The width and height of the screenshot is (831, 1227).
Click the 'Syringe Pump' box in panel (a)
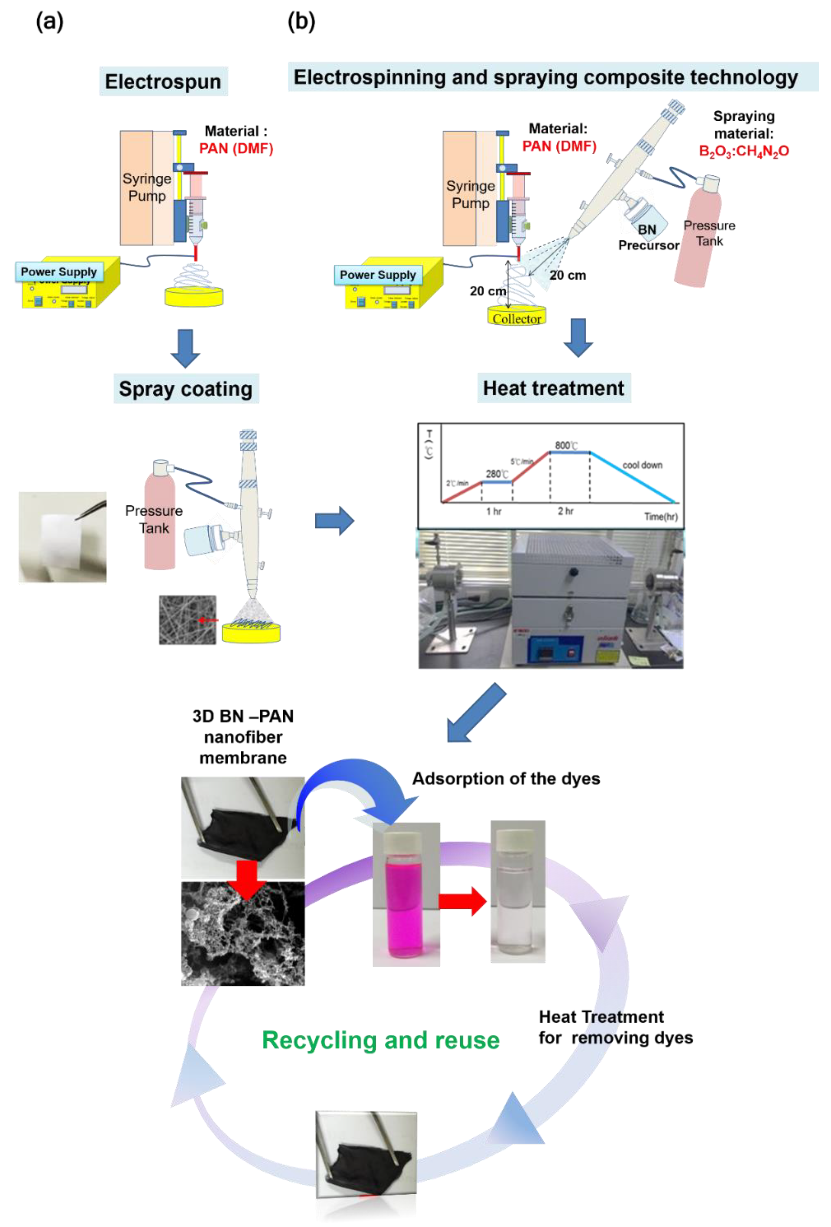(x=146, y=188)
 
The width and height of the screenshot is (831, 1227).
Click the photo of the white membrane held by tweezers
(x=62, y=537)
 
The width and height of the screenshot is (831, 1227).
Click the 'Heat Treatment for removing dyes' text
(x=615, y=1027)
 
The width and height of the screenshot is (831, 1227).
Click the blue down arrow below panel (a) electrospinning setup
(x=185, y=348)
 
